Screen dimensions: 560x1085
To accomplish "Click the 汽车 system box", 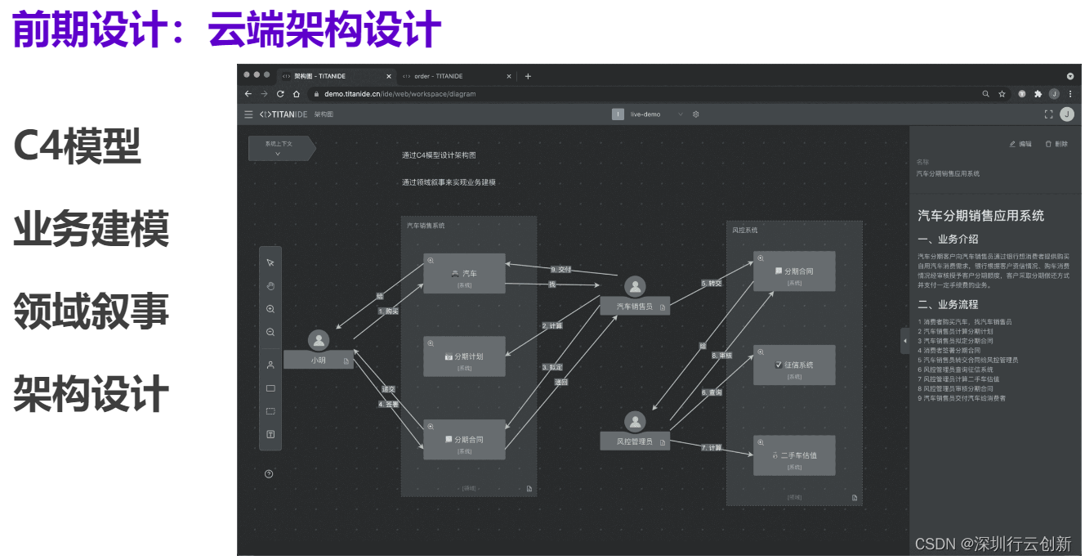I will tap(464, 273).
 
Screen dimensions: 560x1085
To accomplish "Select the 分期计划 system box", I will tap(464, 356).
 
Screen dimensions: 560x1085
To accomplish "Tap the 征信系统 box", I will tap(793, 365).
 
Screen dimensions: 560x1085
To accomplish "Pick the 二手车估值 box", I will tap(793, 455).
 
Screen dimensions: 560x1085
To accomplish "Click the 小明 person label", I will tap(318, 360).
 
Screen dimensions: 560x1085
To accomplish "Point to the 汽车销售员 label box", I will tap(635, 307).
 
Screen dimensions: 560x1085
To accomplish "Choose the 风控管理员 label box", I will tap(635, 442).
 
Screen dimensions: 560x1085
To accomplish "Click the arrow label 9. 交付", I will tap(560, 269).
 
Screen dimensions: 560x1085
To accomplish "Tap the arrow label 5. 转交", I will tap(712, 284).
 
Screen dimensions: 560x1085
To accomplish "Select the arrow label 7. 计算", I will tap(711, 447).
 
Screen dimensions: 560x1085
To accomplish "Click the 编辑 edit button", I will tap(1020, 144).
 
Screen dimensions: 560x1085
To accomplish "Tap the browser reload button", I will tap(280, 94).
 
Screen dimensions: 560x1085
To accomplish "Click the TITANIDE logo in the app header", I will tap(284, 114).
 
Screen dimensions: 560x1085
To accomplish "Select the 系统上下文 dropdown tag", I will tap(279, 148).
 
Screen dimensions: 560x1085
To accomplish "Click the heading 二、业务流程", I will tap(947, 305).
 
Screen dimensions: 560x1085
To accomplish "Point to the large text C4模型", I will tap(77, 147).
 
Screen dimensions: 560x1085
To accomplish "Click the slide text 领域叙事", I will tap(91, 311).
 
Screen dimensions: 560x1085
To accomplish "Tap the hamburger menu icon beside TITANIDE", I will tap(248, 114).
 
